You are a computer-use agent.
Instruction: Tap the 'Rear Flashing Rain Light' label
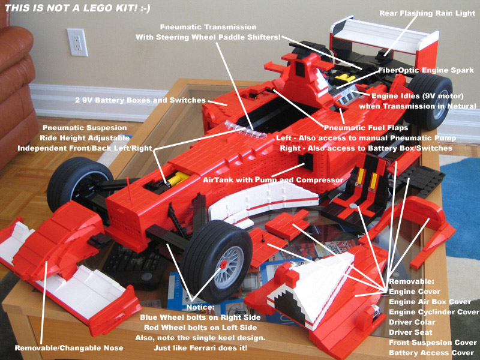pos(427,13)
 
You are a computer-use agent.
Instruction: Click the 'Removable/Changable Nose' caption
pos(69,348)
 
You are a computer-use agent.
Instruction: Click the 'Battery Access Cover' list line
pos(431,352)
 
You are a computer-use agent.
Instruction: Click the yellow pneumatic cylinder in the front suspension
pos(178,178)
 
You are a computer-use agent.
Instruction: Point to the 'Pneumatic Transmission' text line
pos(208,27)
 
